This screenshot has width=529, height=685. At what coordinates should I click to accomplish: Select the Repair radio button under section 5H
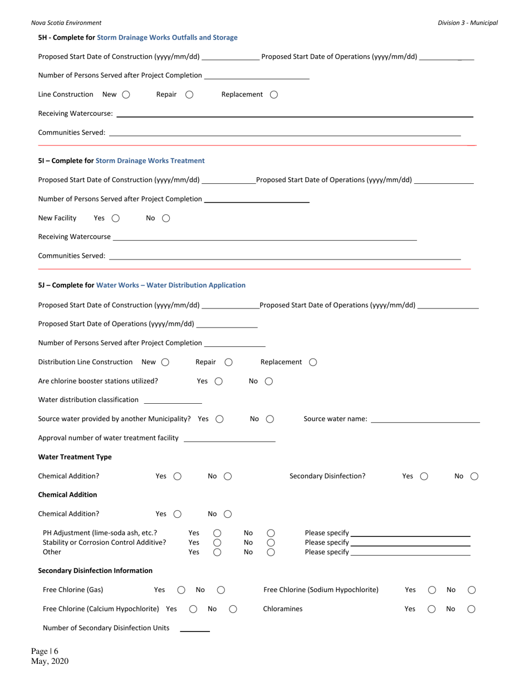coord(189,95)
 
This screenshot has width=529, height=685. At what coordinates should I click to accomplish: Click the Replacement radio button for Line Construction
coord(274,95)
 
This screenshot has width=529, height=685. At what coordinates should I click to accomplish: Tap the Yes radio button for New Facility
coord(116,218)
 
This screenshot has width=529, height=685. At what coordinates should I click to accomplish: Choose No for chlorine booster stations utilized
coord(269,381)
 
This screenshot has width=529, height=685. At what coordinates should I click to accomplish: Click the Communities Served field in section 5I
coord(285,256)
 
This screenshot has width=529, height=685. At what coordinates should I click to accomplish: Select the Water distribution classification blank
coord(173,400)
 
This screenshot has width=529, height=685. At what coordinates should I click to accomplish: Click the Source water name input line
coord(425,419)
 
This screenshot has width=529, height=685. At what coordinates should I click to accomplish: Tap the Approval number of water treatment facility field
coord(229,438)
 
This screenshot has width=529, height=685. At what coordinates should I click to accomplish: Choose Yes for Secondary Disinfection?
coord(424,476)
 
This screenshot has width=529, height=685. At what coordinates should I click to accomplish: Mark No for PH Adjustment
coord(271,533)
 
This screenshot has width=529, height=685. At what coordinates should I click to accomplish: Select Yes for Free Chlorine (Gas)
coord(182,590)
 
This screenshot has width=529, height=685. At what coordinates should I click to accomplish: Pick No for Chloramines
coord(471,609)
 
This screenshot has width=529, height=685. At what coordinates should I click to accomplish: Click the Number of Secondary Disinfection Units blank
coord(195,628)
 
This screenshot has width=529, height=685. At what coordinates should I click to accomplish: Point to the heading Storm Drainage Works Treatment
coord(150,161)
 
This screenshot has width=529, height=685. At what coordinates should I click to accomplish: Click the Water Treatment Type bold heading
coord(75,457)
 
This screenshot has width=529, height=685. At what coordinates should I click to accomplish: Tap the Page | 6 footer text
coord(45,651)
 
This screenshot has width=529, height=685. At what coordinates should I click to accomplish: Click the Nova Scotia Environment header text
coord(66,23)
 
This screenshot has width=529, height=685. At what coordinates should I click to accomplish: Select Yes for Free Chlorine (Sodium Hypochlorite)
coord(432,590)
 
